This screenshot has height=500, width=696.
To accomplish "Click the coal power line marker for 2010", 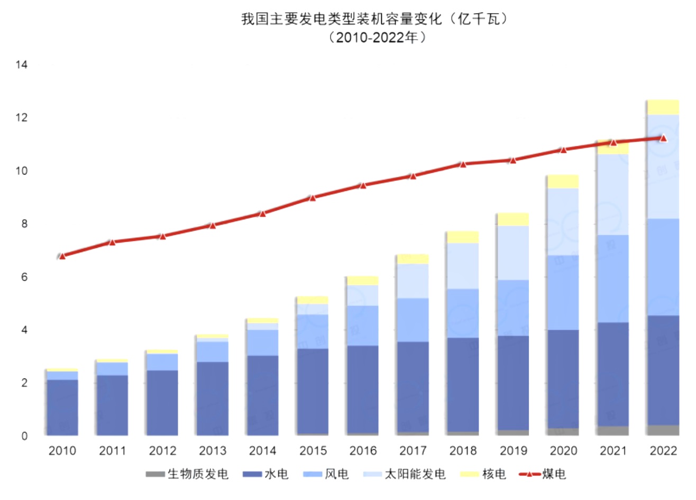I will click(62, 256).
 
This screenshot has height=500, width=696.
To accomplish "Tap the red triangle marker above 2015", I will click(313, 198).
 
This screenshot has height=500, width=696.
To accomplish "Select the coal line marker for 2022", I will click(663, 138).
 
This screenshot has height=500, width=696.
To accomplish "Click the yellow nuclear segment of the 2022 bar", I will click(663, 107).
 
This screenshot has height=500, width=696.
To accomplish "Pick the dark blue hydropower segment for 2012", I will click(162, 403).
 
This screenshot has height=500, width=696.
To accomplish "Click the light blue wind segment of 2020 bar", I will click(563, 293).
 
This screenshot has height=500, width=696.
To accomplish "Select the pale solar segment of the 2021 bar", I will click(613, 195).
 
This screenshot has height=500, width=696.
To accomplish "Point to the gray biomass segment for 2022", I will click(663, 430).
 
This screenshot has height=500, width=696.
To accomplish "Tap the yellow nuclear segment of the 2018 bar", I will click(463, 237).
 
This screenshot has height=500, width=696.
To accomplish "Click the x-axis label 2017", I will click(413, 451).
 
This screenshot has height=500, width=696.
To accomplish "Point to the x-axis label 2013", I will click(213, 451).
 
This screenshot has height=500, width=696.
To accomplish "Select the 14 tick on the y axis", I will click(22, 65).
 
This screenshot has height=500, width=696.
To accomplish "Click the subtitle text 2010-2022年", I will click(377, 38).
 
